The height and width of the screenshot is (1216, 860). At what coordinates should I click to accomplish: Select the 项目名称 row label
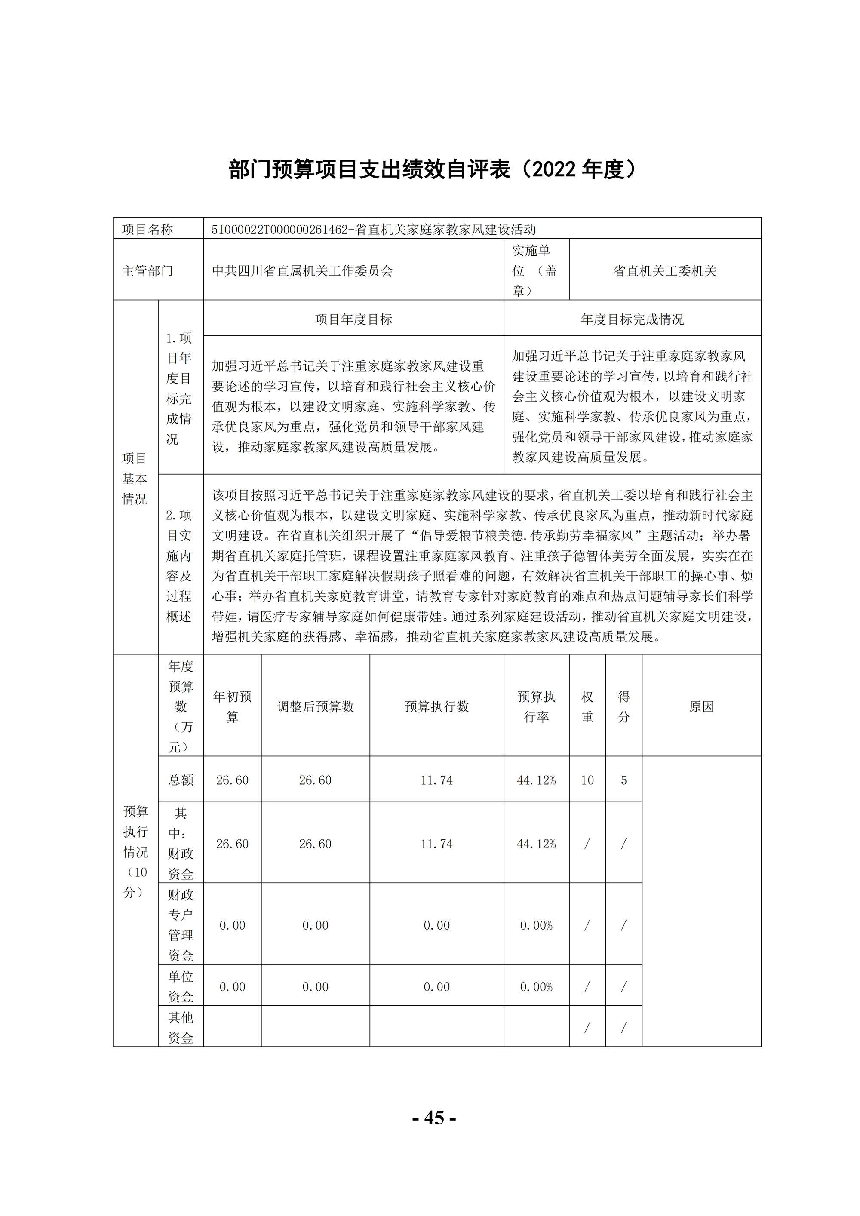pyautogui.click(x=148, y=229)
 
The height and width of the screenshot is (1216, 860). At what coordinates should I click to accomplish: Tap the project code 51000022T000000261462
pyautogui.click(x=279, y=229)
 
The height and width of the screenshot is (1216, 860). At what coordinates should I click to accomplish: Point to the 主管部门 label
pyautogui.click(x=148, y=271)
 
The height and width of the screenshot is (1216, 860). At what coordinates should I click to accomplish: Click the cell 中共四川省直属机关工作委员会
pyautogui.click(x=302, y=271)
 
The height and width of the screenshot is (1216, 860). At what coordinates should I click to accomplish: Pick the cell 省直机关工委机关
pyautogui.click(x=665, y=271)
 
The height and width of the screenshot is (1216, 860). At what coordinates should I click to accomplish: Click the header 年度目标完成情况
pyautogui.click(x=632, y=319)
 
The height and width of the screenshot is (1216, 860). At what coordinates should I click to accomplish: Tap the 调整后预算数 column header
pyautogui.click(x=316, y=706)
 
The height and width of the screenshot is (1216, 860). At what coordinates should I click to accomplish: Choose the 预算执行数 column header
pyautogui.click(x=437, y=706)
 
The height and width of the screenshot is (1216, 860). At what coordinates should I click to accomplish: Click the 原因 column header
pyautogui.click(x=701, y=706)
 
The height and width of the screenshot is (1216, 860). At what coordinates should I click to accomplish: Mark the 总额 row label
pyautogui.click(x=181, y=780)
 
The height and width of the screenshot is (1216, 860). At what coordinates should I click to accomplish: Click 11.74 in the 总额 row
pyautogui.click(x=437, y=780)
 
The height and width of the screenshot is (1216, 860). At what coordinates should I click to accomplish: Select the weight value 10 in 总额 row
pyautogui.click(x=587, y=780)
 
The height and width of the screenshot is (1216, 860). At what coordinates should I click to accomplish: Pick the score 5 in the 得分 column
pyautogui.click(x=624, y=780)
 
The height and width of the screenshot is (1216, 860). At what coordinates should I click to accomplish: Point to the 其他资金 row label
pyautogui.click(x=181, y=1028)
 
